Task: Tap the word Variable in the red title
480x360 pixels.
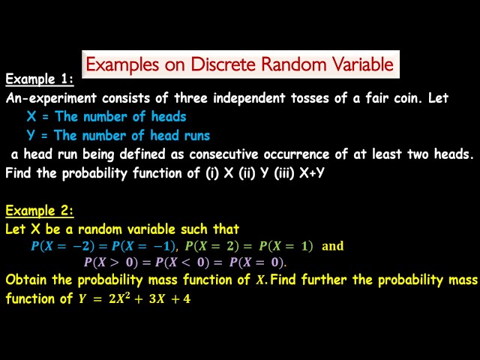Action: (x=357, y=64)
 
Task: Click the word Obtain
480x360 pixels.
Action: (x=25, y=280)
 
